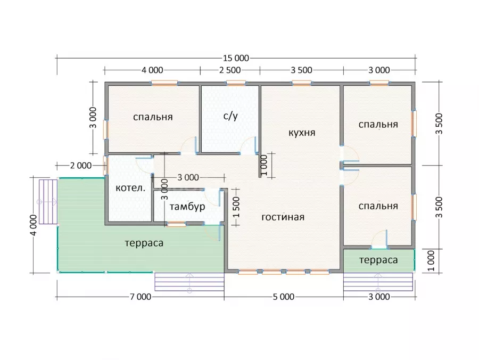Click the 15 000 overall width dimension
[x=236, y=58]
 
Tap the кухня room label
[x=302, y=133]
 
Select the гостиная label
[x=283, y=217]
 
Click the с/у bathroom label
[x=230, y=116]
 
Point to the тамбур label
[x=187, y=207]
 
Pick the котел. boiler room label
[x=130, y=187]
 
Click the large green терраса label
[x=144, y=243]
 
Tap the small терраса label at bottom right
[x=378, y=260]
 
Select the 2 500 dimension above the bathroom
[x=230, y=70]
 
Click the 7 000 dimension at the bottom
[x=141, y=297]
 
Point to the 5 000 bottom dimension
[x=284, y=297]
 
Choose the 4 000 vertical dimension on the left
[x=34, y=225]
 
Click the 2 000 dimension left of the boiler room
[x=81, y=166]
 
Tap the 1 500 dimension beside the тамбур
[x=236, y=207]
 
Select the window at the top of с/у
[x=236, y=83]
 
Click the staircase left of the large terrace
[x=48, y=202]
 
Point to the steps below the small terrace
[x=378, y=282]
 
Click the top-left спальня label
[x=153, y=117]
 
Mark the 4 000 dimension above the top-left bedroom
[x=152, y=70]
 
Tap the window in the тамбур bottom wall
[x=176, y=225]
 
